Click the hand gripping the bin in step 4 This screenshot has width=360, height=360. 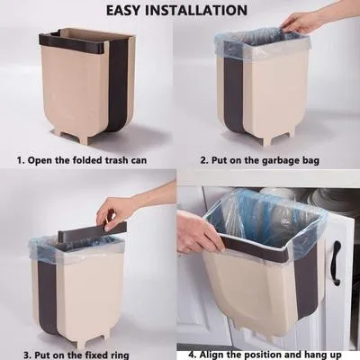(x=196, y=236)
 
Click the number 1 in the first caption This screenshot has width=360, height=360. (x=21, y=163)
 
